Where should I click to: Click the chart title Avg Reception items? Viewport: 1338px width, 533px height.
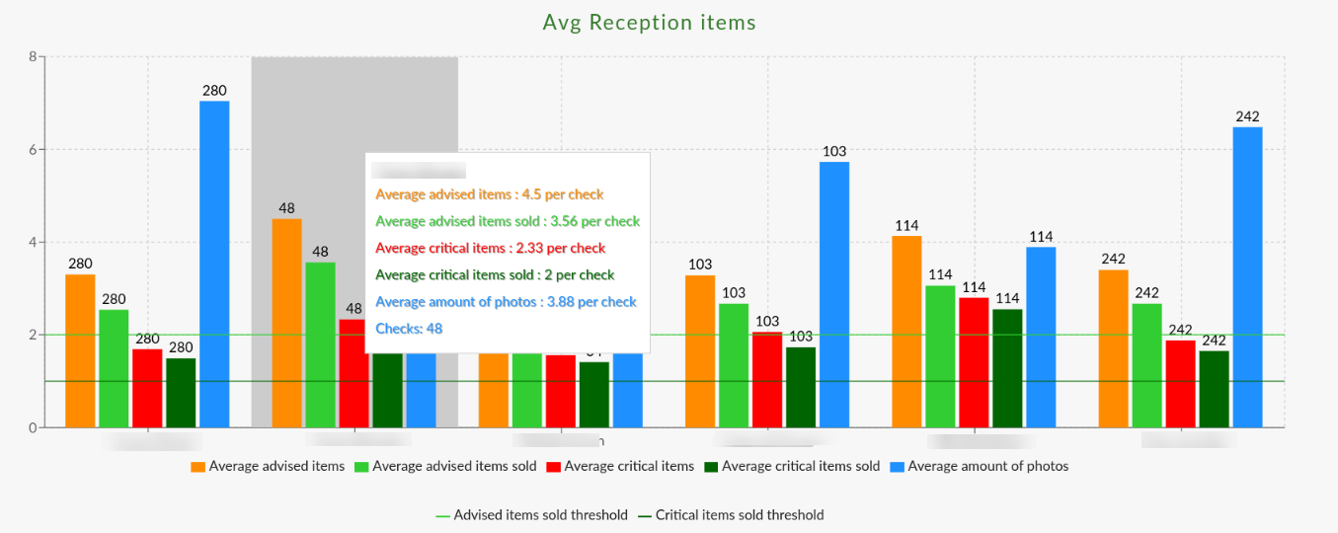[x=649, y=22]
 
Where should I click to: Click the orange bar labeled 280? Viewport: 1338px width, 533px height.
[x=80, y=350]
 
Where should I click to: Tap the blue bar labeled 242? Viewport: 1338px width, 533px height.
[x=1247, y=276]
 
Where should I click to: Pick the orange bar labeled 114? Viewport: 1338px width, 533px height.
[x=906, y=332]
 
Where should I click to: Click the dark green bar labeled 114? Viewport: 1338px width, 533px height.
[x=1007, y=368]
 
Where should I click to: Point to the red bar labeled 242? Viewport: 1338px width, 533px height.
[x=1180, y=384]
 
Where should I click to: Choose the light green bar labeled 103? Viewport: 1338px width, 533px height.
[x=734, y=365]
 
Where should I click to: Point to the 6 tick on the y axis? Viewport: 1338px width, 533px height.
[x=33, y=150]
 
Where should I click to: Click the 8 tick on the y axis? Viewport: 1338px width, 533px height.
[x=33, y=57]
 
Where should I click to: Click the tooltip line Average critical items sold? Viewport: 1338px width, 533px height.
[x=495, y=274]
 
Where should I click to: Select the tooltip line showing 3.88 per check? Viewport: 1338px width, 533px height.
[x=506, y=301]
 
